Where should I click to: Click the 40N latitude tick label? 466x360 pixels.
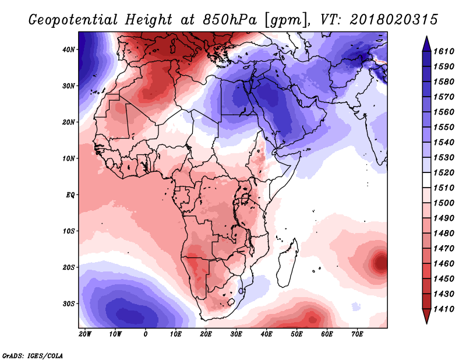[69, 50]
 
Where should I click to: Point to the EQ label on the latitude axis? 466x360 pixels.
[70, 195]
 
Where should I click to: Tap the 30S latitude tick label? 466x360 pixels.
[69, 304]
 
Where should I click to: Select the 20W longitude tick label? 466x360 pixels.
[85, 334]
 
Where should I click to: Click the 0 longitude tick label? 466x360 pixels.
[145, 334]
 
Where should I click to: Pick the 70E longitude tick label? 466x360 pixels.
[357, 334]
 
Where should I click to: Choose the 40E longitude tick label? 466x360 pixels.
[267, 334]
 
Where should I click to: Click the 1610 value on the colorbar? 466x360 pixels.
[444, 51]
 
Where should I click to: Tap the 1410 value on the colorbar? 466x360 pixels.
[444, 309]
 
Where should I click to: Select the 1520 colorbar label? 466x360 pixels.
[444, 172]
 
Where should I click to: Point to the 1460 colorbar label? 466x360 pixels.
[444, 264]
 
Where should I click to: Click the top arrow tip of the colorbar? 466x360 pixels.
[426, 37]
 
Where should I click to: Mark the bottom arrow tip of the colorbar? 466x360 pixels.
[426, 323]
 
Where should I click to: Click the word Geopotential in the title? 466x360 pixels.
[73, 20]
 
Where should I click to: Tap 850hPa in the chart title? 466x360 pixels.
[230, 20]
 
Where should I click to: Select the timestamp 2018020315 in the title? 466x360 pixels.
[394, 20]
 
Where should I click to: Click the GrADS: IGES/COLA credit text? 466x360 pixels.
[33, 356]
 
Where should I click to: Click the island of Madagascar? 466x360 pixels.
[287, 264]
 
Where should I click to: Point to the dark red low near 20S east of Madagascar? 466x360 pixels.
[381, 263]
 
